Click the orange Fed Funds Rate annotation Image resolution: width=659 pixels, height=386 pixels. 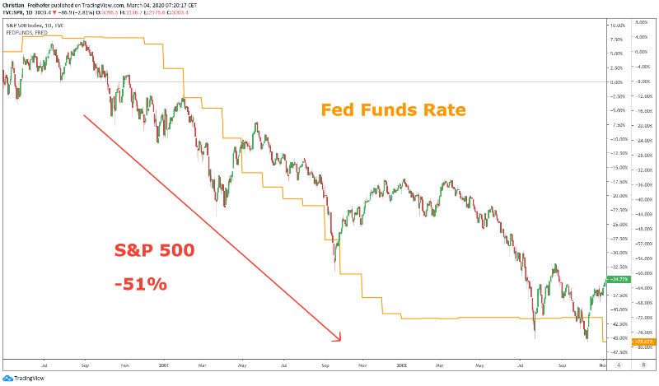coord(393,109)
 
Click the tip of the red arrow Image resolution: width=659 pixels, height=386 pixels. coord(339,339)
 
